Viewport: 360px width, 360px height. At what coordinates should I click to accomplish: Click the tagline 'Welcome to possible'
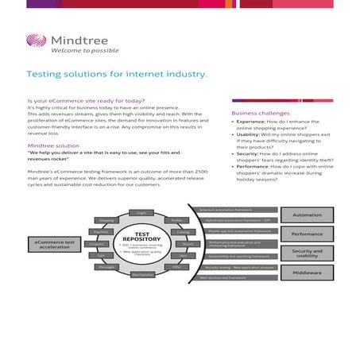pos(85,50)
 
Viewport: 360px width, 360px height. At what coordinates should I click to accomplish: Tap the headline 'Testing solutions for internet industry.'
pos(117,74)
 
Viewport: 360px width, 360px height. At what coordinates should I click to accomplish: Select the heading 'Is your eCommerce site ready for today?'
pos(86,102)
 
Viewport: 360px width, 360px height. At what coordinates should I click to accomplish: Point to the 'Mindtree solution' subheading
pos(53,146)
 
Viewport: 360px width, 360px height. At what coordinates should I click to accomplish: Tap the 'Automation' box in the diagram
pos(307,215)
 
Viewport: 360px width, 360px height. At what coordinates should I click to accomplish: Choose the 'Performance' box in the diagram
pos(307,234)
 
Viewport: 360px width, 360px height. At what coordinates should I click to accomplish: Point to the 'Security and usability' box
pos(307,253)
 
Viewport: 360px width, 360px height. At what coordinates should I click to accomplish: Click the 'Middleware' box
pos(307,273)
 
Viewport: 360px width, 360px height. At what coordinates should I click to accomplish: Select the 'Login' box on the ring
pos(141,212)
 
